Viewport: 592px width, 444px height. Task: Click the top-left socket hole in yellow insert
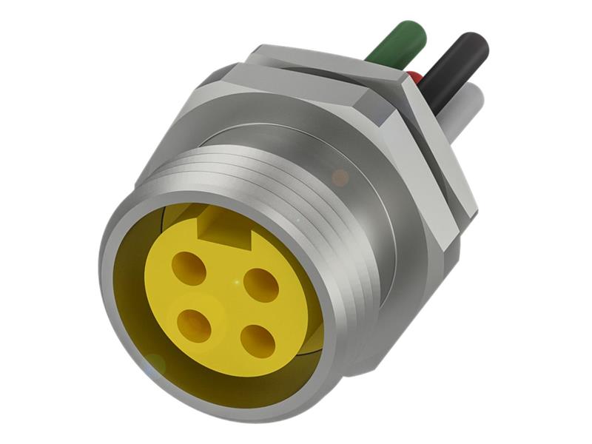[x=189, y=268]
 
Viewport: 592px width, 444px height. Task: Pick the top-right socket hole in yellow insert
[x=260, y=284]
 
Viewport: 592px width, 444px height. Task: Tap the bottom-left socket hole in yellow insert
[x=195, y=325]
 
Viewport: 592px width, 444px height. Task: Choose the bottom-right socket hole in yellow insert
[x=258, y=341]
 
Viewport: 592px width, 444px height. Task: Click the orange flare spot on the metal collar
[x=340, y=178]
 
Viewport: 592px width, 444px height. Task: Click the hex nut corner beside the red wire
[x=403, y=80]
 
